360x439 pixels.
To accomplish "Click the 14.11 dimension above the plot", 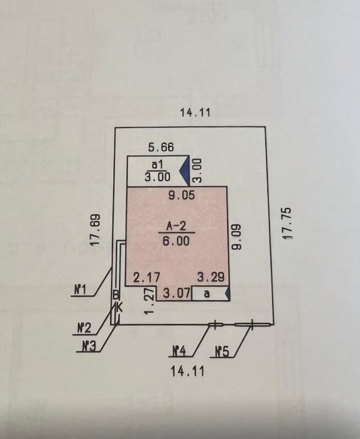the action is [195, 113].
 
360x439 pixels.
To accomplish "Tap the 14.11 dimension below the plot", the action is [187, 371].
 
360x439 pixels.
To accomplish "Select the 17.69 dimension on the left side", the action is [96, 230].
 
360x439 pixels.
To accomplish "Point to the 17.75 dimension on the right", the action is [287, 223].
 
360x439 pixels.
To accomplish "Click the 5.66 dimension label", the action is [161, 147].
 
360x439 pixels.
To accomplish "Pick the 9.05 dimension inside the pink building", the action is [182, 195].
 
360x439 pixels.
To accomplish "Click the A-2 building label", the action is [176, 226].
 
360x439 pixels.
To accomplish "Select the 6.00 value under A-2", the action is [176, 241].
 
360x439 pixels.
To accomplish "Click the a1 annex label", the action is [157, 165].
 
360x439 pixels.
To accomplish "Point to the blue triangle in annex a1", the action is [185, 171].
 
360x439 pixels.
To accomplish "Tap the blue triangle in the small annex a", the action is [228, 293].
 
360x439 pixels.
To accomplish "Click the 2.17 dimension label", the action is [147, 278].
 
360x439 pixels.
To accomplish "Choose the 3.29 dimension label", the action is [210, 277].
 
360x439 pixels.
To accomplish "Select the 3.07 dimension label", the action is [177, 295].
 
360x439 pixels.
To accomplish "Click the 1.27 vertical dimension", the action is [150, 301].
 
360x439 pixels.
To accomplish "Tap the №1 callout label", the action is [80, 290].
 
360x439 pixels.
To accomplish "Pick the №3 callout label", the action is [89, 347].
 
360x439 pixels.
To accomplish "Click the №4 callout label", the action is [178, 351].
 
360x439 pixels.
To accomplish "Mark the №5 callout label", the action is [222, 352].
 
